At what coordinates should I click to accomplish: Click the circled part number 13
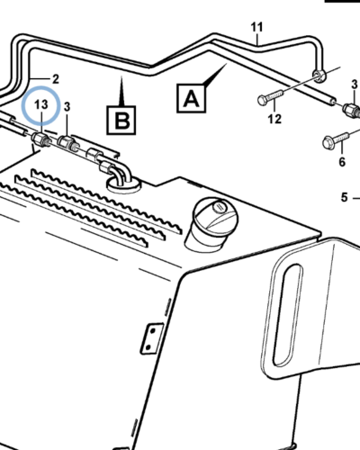click(x=41, y=104)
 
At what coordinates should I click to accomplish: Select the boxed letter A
click(x=191, y=98)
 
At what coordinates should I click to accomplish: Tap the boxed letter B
click(x=121, y=120)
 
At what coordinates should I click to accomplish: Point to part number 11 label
click(x=256, y=27)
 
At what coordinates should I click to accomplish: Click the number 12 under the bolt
click(x=274, y=119)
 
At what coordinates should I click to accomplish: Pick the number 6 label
click(x=342, y=162)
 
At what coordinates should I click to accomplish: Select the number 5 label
click(x=344, y=198)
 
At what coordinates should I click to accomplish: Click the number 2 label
click(x=56, y=79)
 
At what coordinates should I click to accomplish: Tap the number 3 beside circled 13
click(x=67, y=107)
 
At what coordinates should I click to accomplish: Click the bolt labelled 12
click(x=270, y=97)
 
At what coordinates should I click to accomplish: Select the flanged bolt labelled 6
click(x=336, y=139)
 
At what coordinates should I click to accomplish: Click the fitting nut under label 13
click(x=40, y=139)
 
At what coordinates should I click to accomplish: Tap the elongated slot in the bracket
click(x=287, y=315)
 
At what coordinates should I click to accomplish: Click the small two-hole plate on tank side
click(x=152, y=338)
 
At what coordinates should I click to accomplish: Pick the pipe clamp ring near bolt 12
click(x=319, y=76)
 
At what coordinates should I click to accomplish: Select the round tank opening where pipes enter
click(x=123, y=184)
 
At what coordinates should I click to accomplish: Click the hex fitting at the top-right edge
click(x=352, y=110)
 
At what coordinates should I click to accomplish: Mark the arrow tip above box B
click(x=121, y=76)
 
